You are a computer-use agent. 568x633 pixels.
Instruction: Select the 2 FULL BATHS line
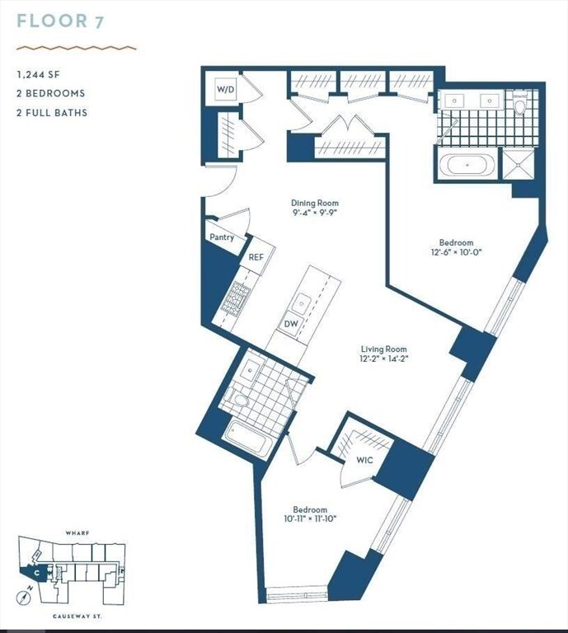tap(52, 112)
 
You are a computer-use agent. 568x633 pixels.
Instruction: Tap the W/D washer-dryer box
tap(226, 89)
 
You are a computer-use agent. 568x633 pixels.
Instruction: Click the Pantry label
tap(221, 237)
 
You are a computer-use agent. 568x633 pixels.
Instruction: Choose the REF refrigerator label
tap(256, 257)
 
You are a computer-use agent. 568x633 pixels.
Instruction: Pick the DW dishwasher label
tap(291, 324)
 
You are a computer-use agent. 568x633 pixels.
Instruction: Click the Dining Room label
tap(315, 203)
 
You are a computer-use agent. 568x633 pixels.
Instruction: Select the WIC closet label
tap(364, 459)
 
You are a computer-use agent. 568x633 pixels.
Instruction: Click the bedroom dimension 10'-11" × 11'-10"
tap(310, 519)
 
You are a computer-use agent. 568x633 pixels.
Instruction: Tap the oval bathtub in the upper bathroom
tap(467, 165)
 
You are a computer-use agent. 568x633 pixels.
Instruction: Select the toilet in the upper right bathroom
tap(519, 105)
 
